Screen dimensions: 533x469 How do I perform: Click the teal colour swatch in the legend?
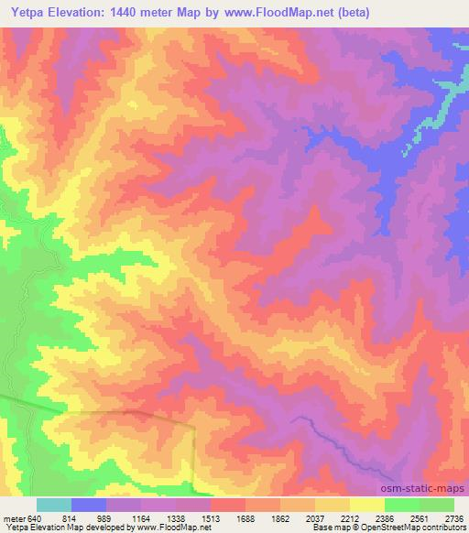coord(54,505)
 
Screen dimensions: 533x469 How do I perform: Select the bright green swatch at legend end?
coord(437,505)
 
